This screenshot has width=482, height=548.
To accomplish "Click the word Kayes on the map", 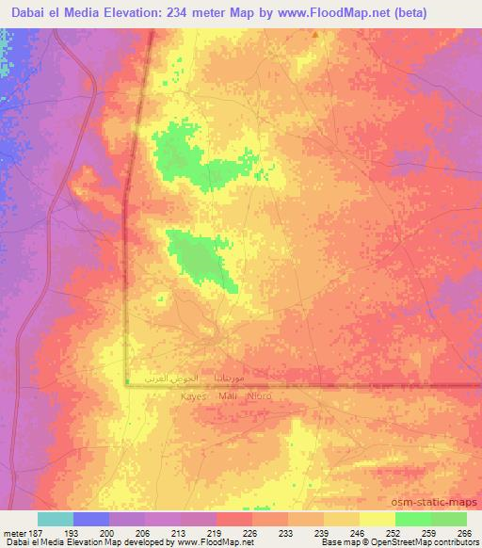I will (192, 396).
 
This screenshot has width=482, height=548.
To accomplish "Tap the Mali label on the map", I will (227, 396).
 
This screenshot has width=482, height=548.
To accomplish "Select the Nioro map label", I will (258, 396).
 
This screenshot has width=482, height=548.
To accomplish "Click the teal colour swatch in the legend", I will (56, 518).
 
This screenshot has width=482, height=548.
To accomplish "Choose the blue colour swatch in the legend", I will (91, 518).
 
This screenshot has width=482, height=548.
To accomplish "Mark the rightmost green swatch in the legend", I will (448, 518).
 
